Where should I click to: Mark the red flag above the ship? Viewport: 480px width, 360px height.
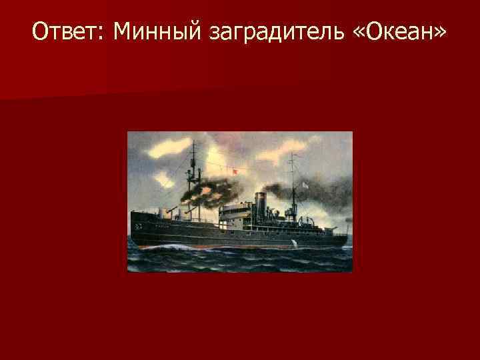233,172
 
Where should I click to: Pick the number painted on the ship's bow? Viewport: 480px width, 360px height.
139,227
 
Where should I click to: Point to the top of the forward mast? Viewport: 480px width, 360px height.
193,143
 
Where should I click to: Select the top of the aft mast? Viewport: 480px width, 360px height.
291,155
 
